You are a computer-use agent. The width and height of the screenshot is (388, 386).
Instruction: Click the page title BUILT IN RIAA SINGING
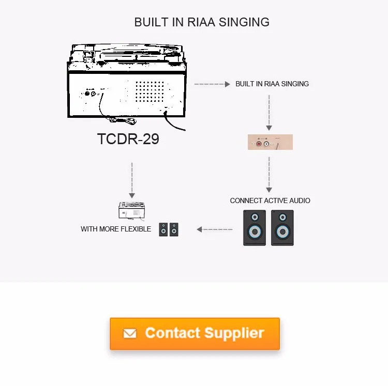[x=202, y=22]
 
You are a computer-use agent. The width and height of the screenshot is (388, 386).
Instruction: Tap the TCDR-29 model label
[x=128, y=140]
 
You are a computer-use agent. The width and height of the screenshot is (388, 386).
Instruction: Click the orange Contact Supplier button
[x=195, y=333]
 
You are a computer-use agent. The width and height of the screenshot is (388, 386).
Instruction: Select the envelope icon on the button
[x=130, y=334]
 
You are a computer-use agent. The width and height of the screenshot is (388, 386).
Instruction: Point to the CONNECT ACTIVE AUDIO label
[x=270, y=200]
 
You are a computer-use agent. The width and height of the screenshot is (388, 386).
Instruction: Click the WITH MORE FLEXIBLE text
[x=116, y=229]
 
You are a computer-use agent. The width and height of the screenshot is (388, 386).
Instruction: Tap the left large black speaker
[x=255, y=227]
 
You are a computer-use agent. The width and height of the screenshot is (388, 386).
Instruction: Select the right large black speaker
[x=282, y=227]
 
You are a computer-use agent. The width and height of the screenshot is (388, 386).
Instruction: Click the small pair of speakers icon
[x=169, y=229]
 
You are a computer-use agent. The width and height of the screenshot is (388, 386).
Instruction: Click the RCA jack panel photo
[x=270, y=142]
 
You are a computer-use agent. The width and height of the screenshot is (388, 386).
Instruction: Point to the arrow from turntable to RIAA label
[x=212, y=84]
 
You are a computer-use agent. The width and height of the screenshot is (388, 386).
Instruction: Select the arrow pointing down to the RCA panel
[x=268, y=113]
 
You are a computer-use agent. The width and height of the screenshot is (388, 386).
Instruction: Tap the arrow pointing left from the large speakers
[x=214, y=229]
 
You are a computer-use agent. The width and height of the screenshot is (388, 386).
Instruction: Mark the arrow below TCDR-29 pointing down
[x=132, y=180]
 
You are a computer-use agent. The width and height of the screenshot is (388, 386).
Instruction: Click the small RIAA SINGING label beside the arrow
[x=272, y=84]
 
